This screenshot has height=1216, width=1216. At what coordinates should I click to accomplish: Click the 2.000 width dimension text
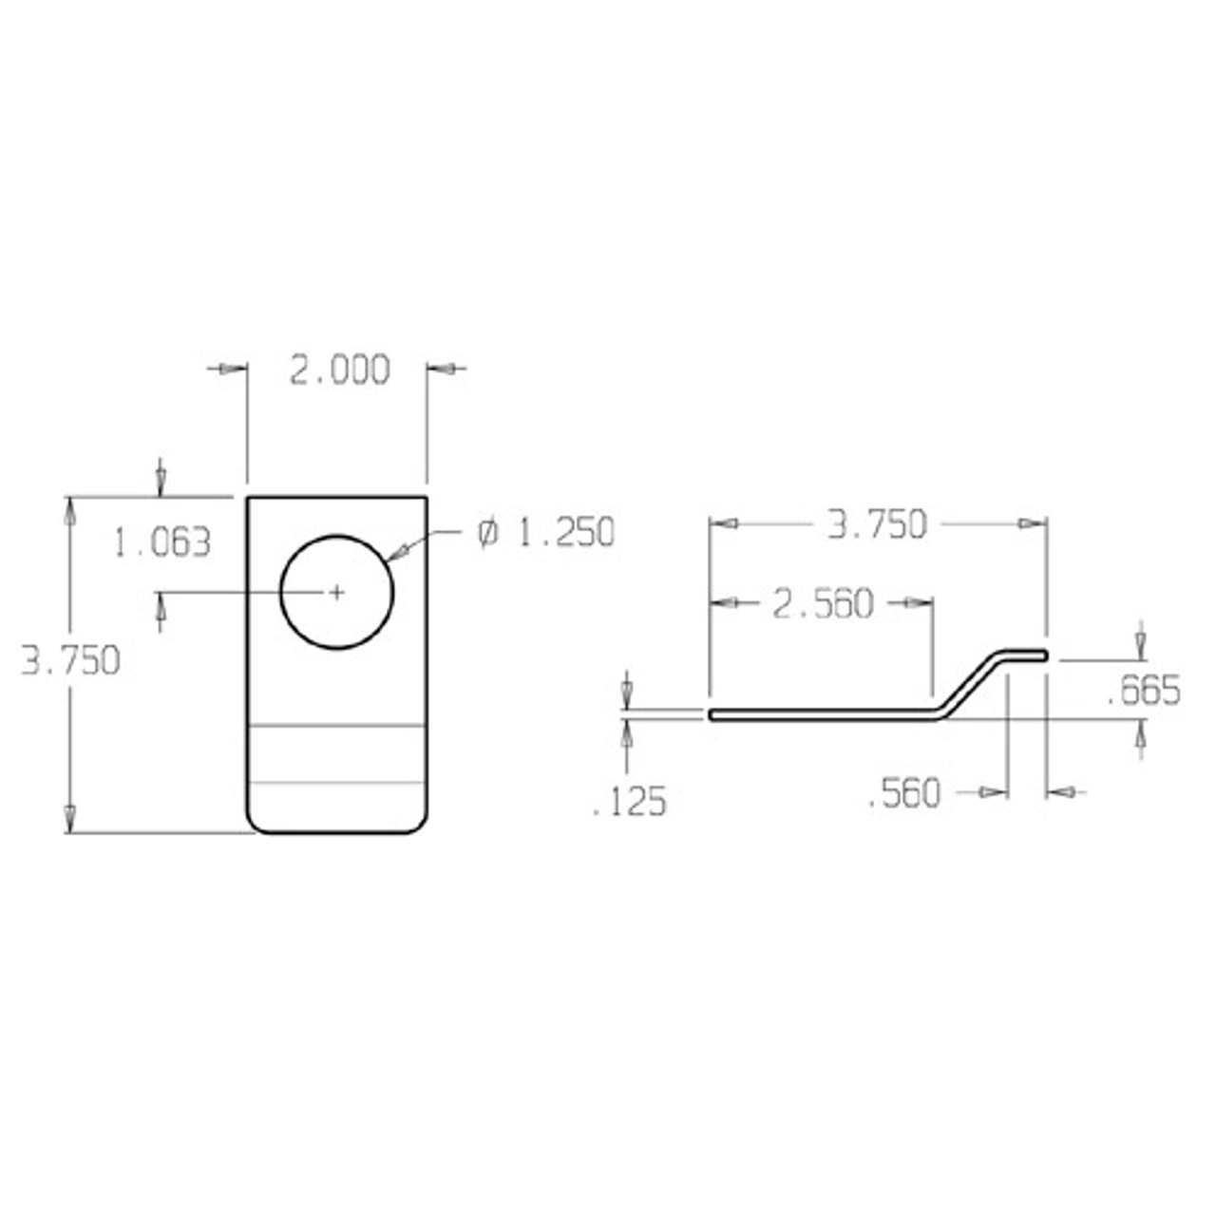pos(339,370)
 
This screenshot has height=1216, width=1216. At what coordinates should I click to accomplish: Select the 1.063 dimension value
pos(161,543)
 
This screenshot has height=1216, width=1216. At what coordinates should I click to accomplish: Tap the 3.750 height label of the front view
pos(71,661)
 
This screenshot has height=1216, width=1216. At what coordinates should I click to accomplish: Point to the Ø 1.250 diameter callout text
pos(545,533)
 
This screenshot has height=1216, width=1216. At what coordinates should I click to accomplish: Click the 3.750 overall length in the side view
pos(876,525)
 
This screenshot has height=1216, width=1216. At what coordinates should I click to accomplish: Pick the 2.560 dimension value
pos(822,604)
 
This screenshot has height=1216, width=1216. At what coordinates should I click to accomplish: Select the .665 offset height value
pos(1144,692)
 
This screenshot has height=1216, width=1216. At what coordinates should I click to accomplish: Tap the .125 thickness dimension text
pos(629,803)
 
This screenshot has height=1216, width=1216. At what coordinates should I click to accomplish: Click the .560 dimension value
pos(903,794)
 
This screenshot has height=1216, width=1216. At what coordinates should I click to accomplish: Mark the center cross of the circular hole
pos(336,593)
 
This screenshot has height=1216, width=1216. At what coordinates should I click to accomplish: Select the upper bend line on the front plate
pos(336,727)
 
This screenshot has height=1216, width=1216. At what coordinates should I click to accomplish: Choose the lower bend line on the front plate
pos(336,784)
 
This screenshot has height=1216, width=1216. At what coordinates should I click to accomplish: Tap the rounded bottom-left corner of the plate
pos(256,826)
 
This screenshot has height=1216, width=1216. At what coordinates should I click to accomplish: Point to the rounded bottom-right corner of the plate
pos(417,826)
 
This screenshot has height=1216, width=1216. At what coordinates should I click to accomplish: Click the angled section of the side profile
pos(969,684)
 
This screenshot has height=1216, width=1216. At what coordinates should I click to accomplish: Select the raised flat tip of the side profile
pos(1026,655)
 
